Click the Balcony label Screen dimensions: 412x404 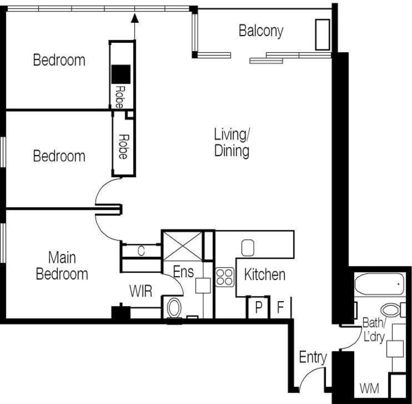261,31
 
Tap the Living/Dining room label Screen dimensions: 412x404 232,143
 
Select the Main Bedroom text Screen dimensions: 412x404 62,266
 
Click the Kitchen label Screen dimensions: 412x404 265,275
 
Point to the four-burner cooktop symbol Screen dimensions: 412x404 225,277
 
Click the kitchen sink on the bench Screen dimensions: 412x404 248,247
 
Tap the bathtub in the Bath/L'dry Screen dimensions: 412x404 379,285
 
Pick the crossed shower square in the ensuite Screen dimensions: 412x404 183,246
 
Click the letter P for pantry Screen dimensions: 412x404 259,307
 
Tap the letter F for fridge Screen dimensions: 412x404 280,307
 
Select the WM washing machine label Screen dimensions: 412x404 369,388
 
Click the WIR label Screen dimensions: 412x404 140,291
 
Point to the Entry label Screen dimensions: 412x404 313,358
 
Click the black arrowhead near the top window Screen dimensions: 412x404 135,18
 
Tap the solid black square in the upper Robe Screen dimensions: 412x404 121,74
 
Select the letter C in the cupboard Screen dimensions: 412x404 141,251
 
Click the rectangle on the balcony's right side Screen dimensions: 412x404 323,34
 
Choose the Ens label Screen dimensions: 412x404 183,272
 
